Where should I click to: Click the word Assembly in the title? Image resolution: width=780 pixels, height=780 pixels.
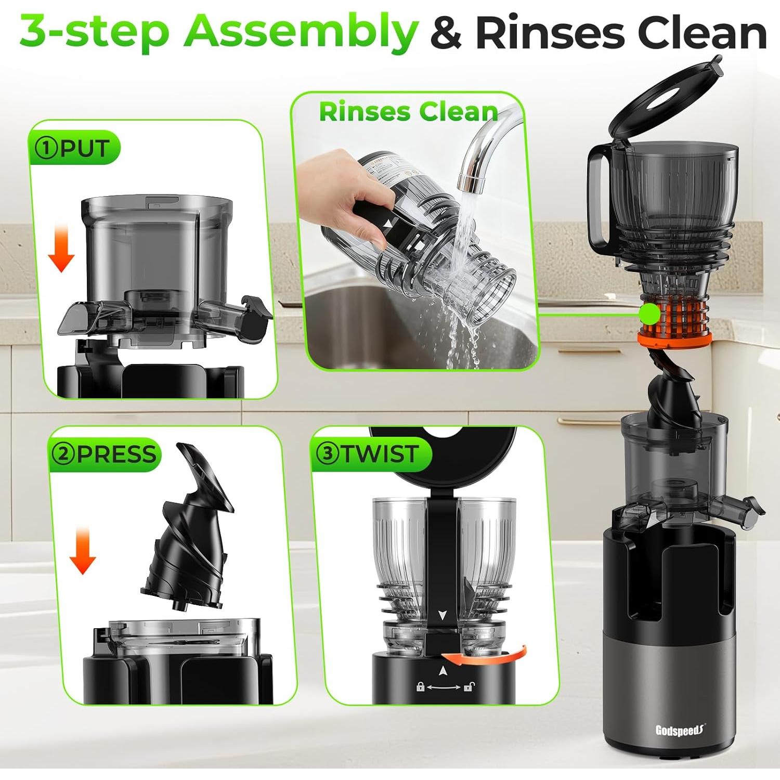[x=301, y=32]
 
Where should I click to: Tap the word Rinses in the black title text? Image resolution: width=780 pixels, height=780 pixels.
[x=550, y=32]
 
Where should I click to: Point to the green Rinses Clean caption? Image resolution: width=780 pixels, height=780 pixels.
[x=408, y=111]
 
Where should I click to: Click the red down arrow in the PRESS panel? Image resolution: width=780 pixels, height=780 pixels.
[x=83, y=550]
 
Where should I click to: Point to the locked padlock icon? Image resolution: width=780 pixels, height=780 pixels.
[x=421, y=687]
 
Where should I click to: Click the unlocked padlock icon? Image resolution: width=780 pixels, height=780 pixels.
[x=468, y=687]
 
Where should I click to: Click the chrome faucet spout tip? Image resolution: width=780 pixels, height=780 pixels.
[x=471, y=183]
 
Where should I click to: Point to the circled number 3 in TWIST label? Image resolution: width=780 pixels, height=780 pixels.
[x=328, y=453]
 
